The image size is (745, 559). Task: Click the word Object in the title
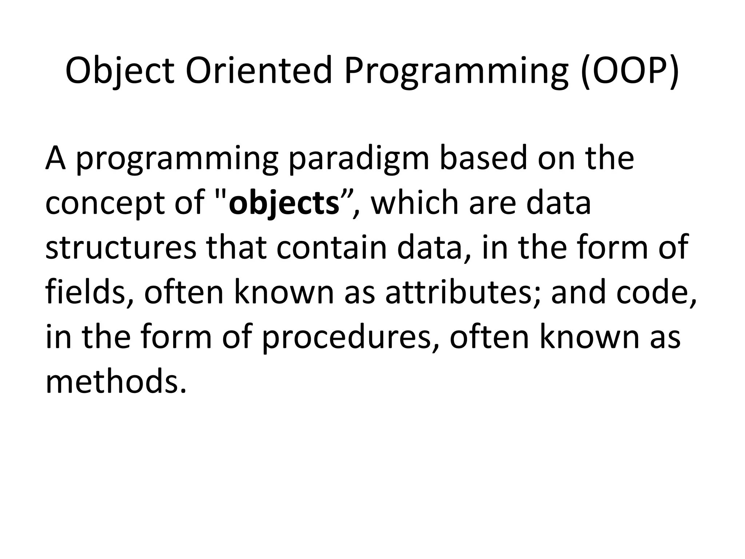120,70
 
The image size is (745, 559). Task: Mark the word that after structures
236,247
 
